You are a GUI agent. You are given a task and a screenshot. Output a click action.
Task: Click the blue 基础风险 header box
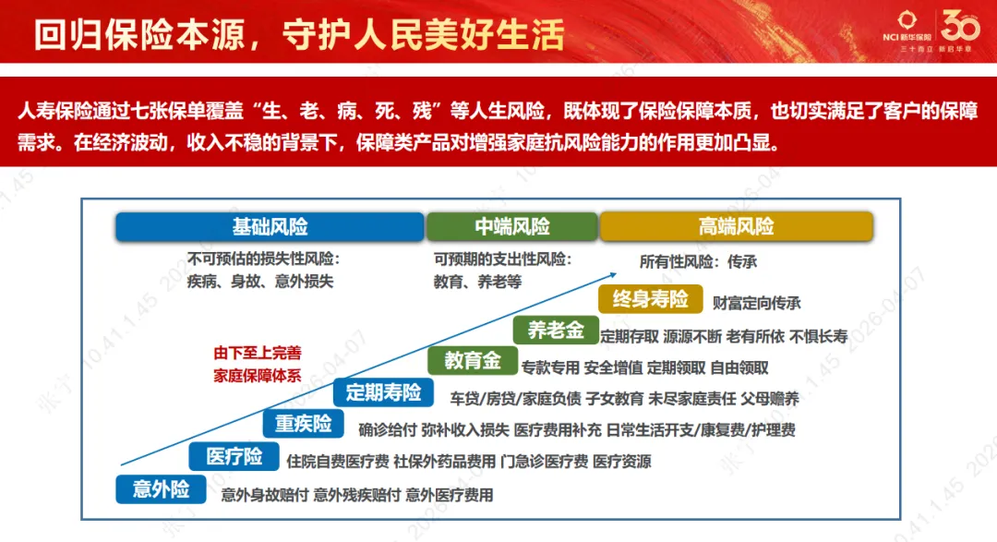tap(270, 226)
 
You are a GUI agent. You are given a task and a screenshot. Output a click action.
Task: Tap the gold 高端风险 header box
tap(736, 226)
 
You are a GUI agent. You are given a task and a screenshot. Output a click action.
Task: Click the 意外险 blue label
tap(161, 488)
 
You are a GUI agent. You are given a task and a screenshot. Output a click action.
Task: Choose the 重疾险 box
tap(303, 424)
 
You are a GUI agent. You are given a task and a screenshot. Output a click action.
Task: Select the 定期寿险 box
tap(383, 392)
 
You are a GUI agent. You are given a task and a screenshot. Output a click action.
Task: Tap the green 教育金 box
tap(473, 361)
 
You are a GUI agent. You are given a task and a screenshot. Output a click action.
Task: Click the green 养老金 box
tap(556, 330)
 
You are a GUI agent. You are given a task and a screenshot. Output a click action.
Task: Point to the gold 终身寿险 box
tap(651, 299)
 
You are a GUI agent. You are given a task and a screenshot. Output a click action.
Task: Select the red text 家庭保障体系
tap(258, 375)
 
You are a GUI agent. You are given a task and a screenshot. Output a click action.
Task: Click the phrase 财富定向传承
tap(756, 302)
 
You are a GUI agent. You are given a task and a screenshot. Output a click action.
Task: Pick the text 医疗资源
tap(621, 461)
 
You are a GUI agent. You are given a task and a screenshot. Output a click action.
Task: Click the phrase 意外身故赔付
tap(264, 495)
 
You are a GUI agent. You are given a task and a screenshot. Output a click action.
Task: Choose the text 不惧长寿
tap(819, 335)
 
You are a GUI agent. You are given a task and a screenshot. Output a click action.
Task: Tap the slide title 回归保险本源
tap(139, 35)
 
